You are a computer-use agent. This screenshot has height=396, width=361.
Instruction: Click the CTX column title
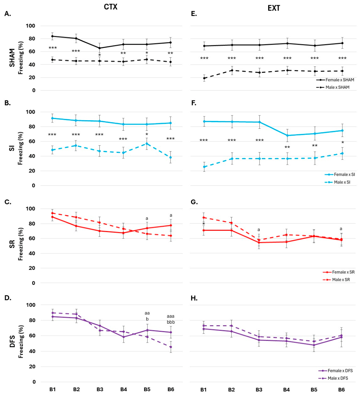pyautogui.click(x=110, y=7)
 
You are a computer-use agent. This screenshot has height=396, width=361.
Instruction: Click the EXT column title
pyautogui.click(x=274, y=8)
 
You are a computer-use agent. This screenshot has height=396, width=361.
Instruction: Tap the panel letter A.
pyautogui.click(x=8, y=14)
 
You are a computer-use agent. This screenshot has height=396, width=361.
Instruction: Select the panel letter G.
pyautogui.click(x=194, y=202)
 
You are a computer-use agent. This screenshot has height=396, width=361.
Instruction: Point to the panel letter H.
pyautogui.click(x=194, y=298)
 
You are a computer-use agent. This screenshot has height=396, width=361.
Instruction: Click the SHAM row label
pyautogui.click(x=12, y=58)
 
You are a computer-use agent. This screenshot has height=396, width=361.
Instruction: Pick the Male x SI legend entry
pyautogui.click(x=338, y=182)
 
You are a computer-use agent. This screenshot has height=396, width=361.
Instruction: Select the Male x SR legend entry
pyautogui.click(x=336, y=280)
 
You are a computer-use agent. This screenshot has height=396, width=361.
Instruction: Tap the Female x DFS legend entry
pyautogui.click(x=336, y=371)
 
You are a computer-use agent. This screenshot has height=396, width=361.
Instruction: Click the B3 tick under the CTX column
pyautogui.click(x=100, y=389)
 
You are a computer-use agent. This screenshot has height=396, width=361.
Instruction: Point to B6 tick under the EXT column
pyautogui.click(x=341, y=389)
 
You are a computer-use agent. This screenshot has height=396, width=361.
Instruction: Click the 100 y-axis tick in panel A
pyautogui.click(x=30, y=26)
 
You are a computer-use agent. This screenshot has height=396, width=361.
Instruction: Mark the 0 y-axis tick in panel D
pyautogui.click(x=34, y=382)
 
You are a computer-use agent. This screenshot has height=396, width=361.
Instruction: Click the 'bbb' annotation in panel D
pyautogui.click(x=171, y=322)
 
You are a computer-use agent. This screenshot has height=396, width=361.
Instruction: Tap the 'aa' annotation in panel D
pyautogui.click(x=147, y=313)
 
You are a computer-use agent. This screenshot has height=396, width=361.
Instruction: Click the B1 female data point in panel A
pyautogui.click(x=52, y=36)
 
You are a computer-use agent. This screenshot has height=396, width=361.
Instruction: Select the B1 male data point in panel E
pyautogui.click(x=204, y=78)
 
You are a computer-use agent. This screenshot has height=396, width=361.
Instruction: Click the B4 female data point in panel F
pyautogui.click(x=287, y=136)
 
